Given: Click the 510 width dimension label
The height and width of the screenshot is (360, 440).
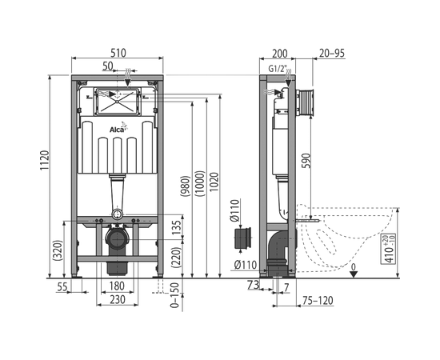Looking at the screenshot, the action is pos(118,53).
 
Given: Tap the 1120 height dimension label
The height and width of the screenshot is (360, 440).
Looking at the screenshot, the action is pos(44,161).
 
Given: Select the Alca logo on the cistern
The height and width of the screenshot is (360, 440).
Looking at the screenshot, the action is pos(118,128).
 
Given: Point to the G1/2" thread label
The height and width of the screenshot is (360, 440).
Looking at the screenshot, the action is pos(278,69).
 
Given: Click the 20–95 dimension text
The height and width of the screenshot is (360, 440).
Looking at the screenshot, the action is pos(332,53).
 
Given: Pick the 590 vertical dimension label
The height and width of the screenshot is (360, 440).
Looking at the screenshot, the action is pos(307,161).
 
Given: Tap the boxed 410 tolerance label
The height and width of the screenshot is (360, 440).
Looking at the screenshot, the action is pos(388,249).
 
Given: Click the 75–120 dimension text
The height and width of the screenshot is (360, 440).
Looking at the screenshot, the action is pos(318,301).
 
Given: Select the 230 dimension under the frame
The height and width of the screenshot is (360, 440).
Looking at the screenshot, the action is pos(118,299).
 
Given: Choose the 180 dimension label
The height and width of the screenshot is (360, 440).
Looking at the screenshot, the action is pos(117,286).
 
